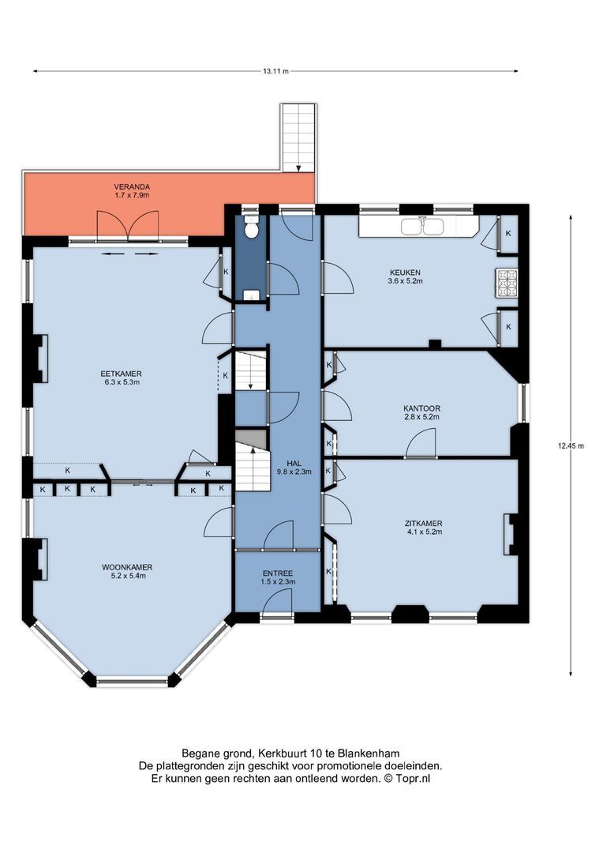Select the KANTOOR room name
[x=421, y=408]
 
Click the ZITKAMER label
[x=422, y=523]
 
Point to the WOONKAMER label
[x=127, y=567]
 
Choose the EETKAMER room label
[x=121, y=374]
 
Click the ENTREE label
[x=278, y=573]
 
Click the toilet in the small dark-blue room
[x=251, y=227]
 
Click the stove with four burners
[x=506, y=283]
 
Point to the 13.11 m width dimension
[x=275, y=71]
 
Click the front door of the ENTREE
[x=278, y=604]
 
